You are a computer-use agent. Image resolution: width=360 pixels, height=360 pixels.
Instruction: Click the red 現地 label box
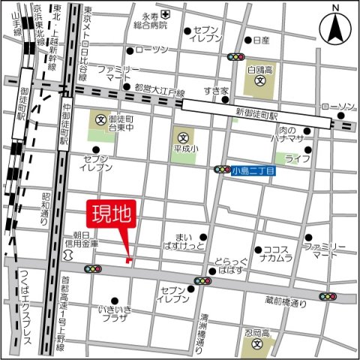112,213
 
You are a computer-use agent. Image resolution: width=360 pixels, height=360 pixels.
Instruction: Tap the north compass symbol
334,29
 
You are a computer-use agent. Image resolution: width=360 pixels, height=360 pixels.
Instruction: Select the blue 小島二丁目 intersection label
253,170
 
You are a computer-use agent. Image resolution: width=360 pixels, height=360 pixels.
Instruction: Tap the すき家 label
216,91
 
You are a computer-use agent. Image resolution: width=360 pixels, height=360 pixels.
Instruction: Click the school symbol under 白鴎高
259,80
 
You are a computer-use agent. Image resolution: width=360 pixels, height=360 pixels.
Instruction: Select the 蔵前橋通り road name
286,302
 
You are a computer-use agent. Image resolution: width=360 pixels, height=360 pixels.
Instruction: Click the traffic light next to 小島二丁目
222,170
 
